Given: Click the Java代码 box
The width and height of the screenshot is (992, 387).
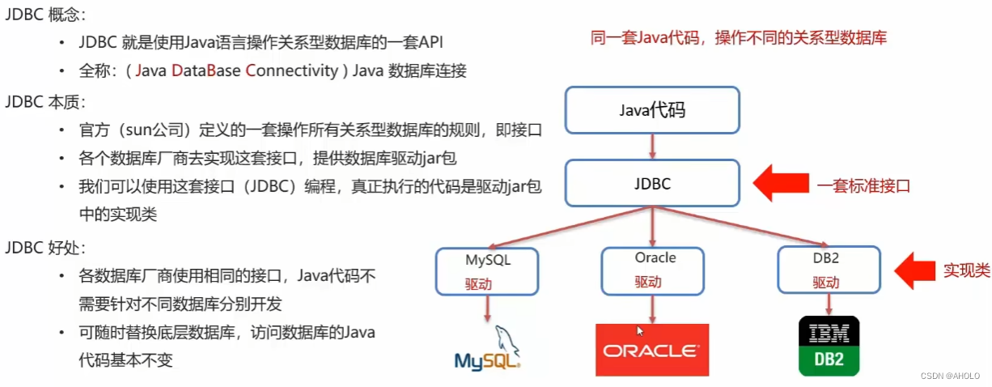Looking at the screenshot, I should [652, 110].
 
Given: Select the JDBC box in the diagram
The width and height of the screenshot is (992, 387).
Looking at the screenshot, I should [652, 183].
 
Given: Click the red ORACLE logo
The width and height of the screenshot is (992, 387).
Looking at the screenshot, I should [651, 350].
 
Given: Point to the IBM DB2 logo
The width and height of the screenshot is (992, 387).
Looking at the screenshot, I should [829, 346].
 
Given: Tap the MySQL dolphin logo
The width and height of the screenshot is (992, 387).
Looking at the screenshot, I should [487, 349].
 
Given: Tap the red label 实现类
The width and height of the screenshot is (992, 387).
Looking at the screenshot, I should [966, 270].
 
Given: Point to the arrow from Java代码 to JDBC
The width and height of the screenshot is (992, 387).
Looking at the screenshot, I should [652, 147].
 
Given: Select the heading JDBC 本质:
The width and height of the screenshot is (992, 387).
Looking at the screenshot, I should [45, 102].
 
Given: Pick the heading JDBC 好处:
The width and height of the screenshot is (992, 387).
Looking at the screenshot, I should [45, 247].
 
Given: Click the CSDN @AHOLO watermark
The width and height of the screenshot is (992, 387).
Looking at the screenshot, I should [950, 376].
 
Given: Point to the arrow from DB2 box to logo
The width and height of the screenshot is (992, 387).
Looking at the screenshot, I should [828, 304].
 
